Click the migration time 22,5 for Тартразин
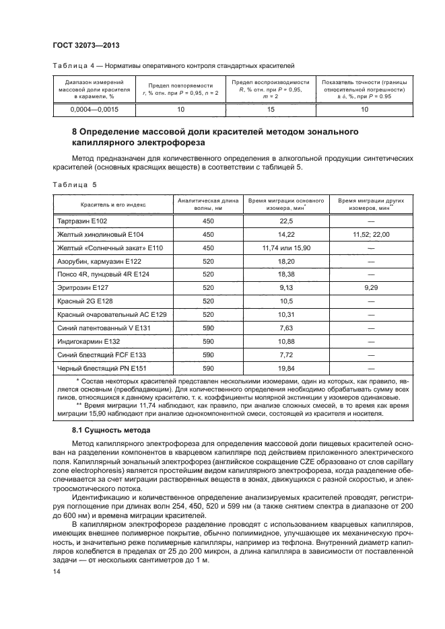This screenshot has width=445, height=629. tap(286, 221)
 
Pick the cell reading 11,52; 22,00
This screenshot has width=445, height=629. tap(371, 234)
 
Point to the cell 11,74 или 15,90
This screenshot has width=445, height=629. tap(286, 248)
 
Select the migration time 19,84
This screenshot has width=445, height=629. tap(286, 368)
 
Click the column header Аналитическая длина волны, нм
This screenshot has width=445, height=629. tap(207, 205)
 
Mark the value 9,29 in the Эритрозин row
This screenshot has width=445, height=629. tap(371, 287)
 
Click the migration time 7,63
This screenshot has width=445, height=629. tap(286, 328)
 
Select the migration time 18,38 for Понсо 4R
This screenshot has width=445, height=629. tap(286, 274)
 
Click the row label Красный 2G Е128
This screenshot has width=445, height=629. tap(83, 301)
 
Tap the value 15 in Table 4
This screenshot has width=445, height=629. tap(271, 108)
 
